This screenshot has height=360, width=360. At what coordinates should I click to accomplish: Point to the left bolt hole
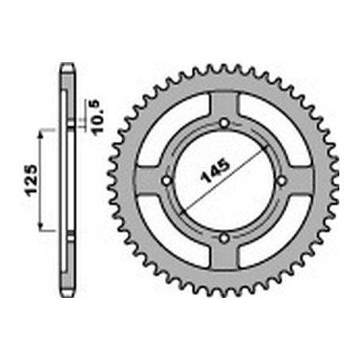[166, 181]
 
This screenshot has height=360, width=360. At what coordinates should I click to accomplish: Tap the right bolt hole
[281, 181]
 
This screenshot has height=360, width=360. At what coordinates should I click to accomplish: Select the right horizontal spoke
[299, 181]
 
